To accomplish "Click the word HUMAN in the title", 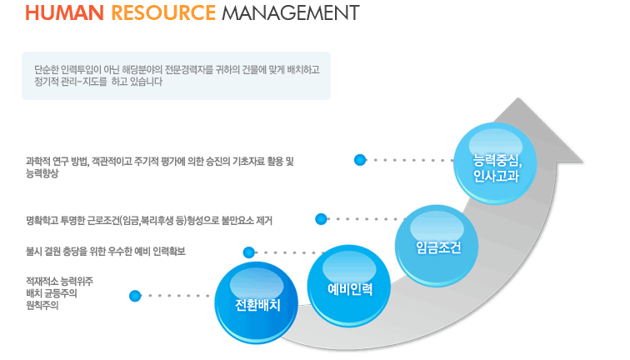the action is pyautogui.click(x=65, y=12).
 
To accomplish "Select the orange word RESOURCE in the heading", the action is pyautogui.click(x=163, y=12).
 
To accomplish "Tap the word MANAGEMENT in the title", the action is pyautogui.click(x=291, y=12).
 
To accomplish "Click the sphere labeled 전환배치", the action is pyautogui.click(x=257, y=302).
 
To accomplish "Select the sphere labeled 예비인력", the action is pyautogui.click(x=349, y=286).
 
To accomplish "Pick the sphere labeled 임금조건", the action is pyautogui.click(x=437, y=246).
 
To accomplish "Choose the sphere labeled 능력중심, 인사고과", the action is pyautogui.click(x=495, y=163).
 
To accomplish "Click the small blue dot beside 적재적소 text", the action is pyautogui.click(x=135, y=296).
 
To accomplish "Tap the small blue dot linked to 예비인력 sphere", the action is pyautogui.click(x=249, y=252).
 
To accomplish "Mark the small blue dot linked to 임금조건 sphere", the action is pyautogui.click(x=321, y=219).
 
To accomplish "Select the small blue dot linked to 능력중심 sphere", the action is pyautogui.click(x=360, y=160).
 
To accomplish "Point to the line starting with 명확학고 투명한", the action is pyautogui.click(x=149, y=221).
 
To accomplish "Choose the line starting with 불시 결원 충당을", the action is pyautogui.click(x=106, y=252).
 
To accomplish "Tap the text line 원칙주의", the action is pyautogui.click(x=42, y=305).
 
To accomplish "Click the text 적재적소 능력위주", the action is pyautogui.click(x=59, y=282).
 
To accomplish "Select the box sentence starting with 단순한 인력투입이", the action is pyautogui.click(x=177, y=69).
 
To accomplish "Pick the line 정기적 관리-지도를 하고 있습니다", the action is pyautogui.click(x=98, y=82).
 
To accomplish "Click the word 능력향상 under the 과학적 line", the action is pyautogui.click(x=42, y=173).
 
